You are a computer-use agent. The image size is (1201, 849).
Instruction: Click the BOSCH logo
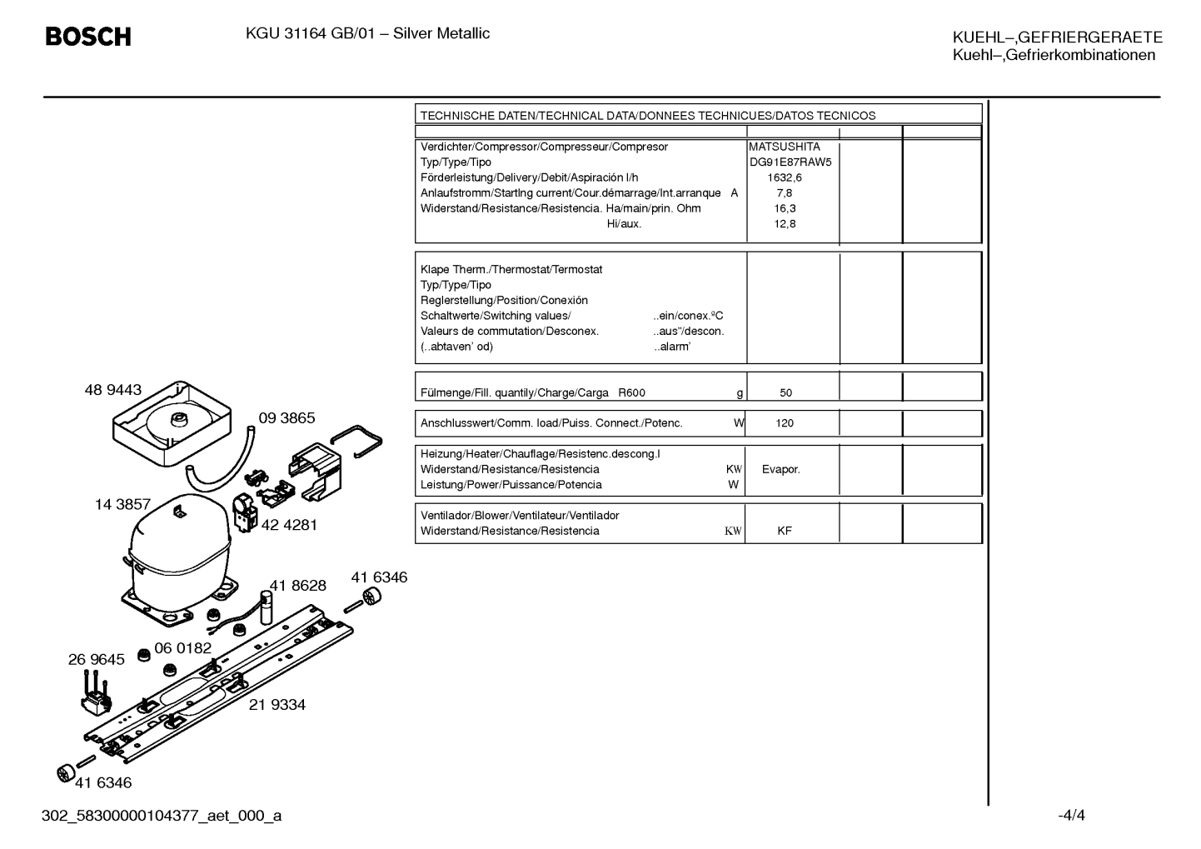point(88,37)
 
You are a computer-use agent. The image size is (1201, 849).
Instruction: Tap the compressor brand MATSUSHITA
point(785,147)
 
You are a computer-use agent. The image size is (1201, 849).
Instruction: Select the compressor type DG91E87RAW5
point(790,162)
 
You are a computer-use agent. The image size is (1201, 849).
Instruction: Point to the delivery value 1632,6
point(785,177)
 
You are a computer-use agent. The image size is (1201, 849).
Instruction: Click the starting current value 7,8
point(785,193)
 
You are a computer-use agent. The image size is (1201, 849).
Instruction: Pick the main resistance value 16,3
point(785,208)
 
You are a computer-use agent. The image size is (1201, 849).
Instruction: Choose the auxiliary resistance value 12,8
point(785,223)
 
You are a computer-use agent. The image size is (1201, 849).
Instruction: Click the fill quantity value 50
point(785,392)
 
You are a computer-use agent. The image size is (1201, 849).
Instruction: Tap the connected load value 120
point(785,423)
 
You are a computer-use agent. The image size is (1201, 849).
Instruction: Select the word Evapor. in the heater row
point(780,469)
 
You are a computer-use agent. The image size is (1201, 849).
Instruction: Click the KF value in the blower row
point(785,531)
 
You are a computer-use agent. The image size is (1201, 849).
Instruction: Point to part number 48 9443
point(113,390)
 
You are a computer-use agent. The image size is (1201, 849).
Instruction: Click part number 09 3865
point(287,417)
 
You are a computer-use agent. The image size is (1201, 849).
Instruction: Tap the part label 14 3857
point(122,504)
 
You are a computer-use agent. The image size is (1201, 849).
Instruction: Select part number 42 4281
point(289,525)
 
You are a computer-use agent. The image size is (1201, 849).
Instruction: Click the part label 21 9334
point(277,704)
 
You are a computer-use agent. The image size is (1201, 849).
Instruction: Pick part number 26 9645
point(96,659)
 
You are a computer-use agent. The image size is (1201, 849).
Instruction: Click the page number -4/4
point(1071,815)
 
